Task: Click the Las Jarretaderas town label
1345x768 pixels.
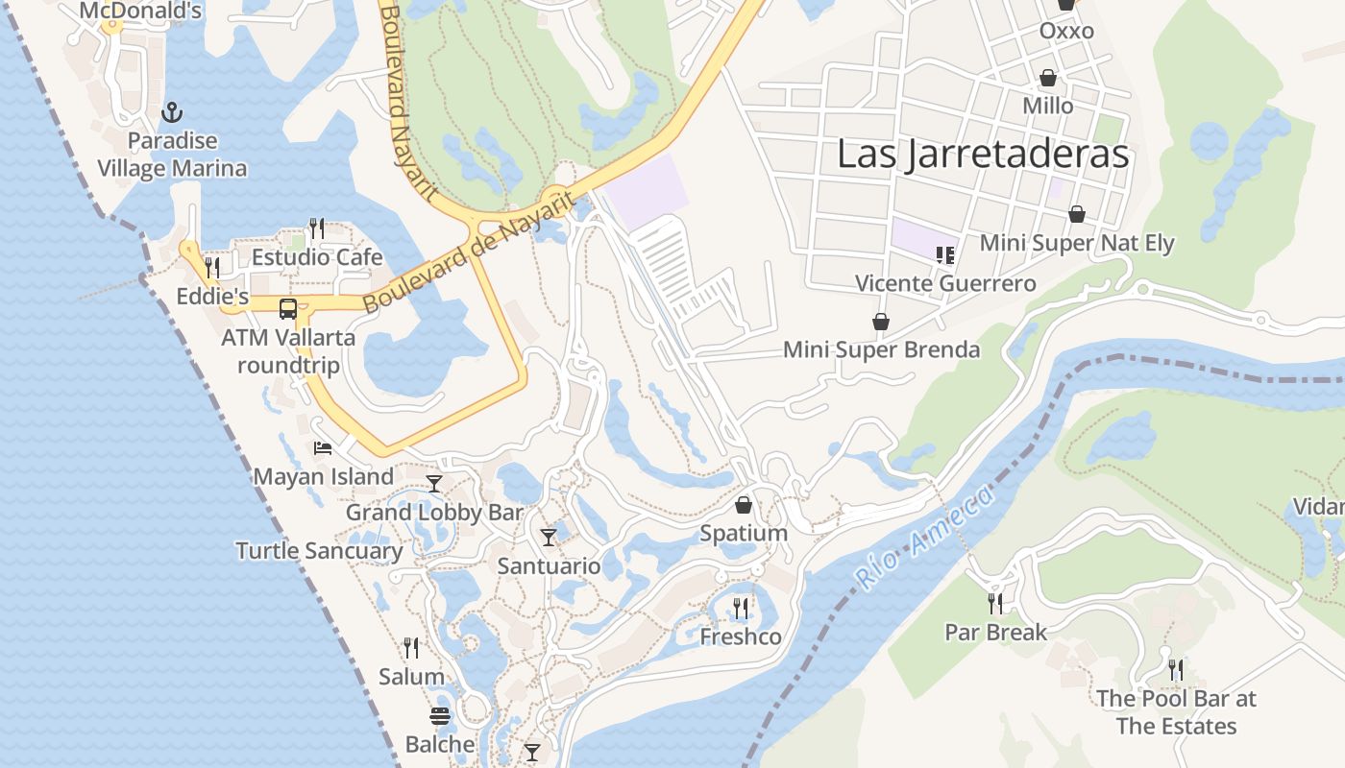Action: (x=982, y=154)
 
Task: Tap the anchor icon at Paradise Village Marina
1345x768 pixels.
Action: (x=172, y=113)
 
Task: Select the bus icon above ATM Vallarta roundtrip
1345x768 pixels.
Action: (x=288, y=309)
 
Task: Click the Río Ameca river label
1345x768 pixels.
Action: (x=922, y=538)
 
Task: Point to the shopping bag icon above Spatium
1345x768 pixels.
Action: (x=744, y=505)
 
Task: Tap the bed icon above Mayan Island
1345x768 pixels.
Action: (x=323, y=448)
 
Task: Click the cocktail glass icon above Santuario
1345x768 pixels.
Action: (x=549, y=538)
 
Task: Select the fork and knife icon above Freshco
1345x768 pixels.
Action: (x=741, y=608)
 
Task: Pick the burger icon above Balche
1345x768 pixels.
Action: (x=440, y=716)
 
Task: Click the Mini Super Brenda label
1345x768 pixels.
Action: (x=881, y=349)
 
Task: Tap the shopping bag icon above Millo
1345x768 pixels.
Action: (x=1048, y=78)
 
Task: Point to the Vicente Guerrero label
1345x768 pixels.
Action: (x=945, y=283)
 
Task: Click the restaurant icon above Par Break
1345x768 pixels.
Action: (x=995, y=603)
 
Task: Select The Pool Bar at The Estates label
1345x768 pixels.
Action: (x=1176, y=711)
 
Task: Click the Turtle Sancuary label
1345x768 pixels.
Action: (x=319, y=551)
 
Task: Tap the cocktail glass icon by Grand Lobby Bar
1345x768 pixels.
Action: (x=434, y=484)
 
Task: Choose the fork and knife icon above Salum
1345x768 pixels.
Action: (x=411, y=648)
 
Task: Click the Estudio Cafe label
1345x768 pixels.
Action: (x=317, y=257)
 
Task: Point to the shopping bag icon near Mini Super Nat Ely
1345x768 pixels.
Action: (x=1077, y=214)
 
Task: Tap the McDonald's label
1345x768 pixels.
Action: (x=140, y=12)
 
